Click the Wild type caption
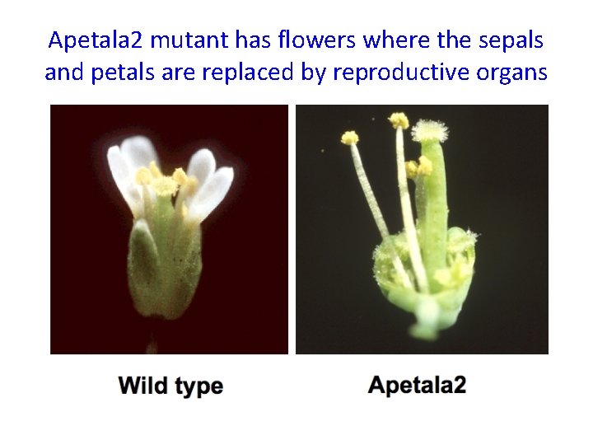[x=170, y=386]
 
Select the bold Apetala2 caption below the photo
[x=418, y=385]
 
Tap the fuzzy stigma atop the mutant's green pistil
[x=429, y=130]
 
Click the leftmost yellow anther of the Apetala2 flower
[x=350, y=138]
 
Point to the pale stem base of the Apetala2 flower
[x=427, y=317]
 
